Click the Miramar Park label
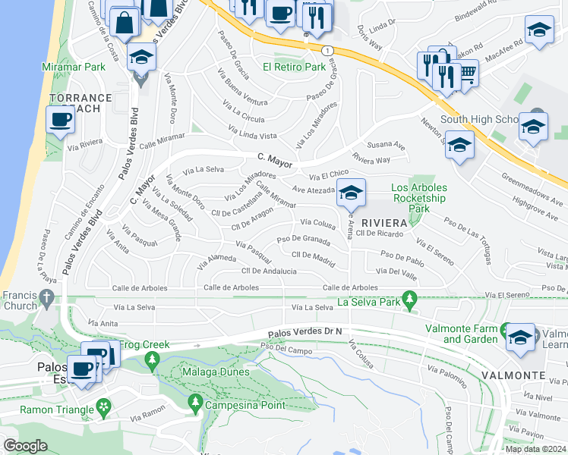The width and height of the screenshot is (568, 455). pyautogui.click(x=74, y=67)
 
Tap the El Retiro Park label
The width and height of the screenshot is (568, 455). pyautogui.click(x=294, y=67)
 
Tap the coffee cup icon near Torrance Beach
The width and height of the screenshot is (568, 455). pyautogui.click(x=59, y=119)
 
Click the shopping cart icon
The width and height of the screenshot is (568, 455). pyautogui.click(x=468, y=73)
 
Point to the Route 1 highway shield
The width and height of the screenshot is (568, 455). pyautogui.click(x=327, y=50)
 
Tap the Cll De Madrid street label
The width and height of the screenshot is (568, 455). pyautogui.click(x=313, y=256)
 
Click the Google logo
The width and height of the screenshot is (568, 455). pyautogui.click(x=24, y=445)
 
